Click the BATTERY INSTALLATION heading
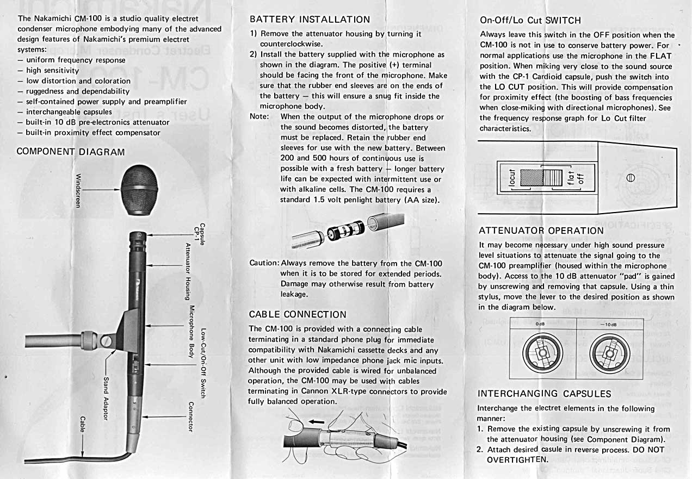310,20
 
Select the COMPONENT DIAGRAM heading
71,152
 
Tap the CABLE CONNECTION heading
297,314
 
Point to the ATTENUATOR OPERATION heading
541,231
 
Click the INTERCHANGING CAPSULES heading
544,394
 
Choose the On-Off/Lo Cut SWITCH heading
530,21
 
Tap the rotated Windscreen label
78,193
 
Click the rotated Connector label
190,416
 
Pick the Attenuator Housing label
188,271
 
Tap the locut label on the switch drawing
511,178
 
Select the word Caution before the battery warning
263,263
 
